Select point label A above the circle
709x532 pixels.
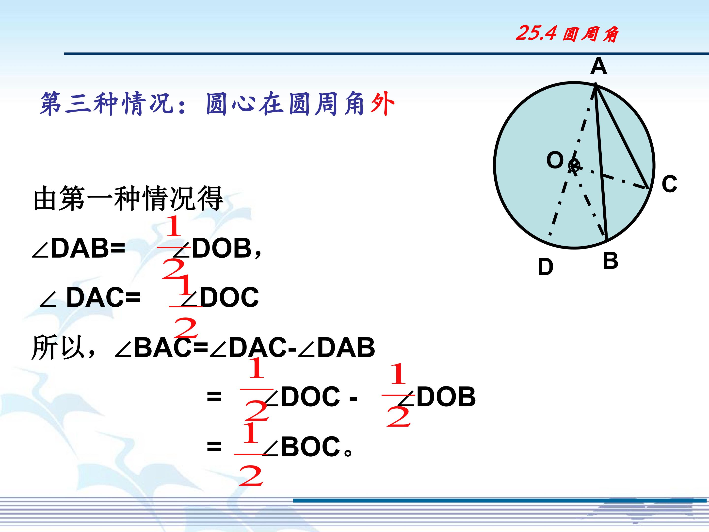click(x=598, y=66)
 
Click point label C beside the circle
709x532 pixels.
click(x=670, y=184)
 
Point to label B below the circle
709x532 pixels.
click(x=610, y=260)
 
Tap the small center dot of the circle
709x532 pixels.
click(x=574, y=166)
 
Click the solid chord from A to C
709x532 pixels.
click(x=622, y=136)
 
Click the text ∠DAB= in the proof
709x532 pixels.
click(x=79, y=249)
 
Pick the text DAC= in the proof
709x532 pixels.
click(x=103, y=297)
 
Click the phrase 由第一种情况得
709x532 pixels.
click(x=128, y=198)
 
